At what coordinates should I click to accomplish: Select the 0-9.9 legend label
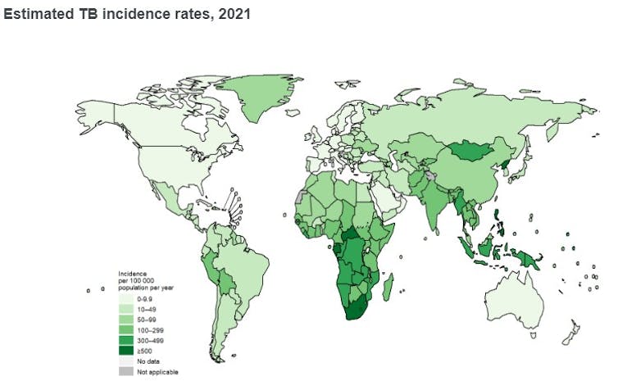click(x=145, y=300)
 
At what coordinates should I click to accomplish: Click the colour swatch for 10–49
click(x=125, y=309)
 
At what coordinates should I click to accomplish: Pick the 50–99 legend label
click(x=146, y=320)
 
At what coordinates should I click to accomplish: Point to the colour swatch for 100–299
click(x=125, y=329)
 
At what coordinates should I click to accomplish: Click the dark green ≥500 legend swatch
click(x=125, y=350)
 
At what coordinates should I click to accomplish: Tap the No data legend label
click(x=147, y=361)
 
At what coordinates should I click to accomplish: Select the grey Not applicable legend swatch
click(x=125, y=371)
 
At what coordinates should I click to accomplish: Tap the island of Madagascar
click(x=389, y=288)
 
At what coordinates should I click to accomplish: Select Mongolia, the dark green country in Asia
click(x=469, y=151)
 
